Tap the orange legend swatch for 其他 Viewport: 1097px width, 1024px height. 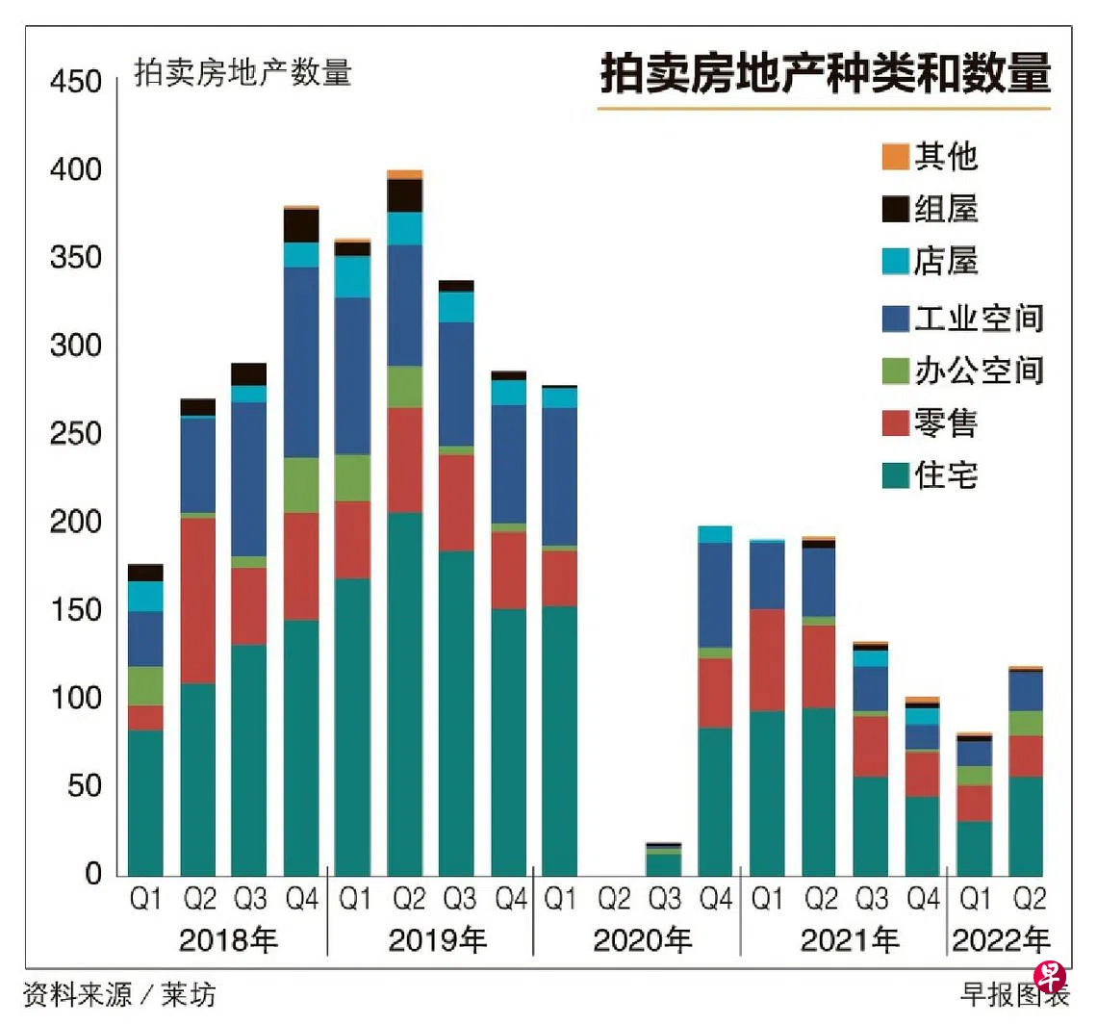895,156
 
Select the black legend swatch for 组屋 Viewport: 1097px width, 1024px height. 895,209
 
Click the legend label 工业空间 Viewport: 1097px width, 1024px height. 979,318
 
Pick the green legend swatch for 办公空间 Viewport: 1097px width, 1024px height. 895,371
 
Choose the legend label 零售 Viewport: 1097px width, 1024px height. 946,422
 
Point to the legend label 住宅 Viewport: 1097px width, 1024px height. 946,475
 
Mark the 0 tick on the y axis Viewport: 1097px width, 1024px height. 93,875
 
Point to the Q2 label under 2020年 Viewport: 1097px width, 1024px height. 613,900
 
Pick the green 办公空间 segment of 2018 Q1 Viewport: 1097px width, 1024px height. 145,685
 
